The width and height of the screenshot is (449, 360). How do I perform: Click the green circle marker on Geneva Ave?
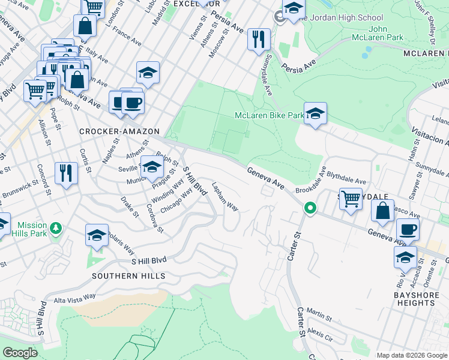coord(310,209)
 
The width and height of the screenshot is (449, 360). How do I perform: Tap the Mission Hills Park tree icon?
coord(56,228)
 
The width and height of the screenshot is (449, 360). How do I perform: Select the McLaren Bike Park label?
coord(268,115)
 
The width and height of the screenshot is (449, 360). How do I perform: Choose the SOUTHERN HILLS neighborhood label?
coord(128,276)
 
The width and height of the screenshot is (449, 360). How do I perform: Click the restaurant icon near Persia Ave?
coord(259,40)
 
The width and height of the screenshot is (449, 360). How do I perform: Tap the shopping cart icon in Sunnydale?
coord(351,198)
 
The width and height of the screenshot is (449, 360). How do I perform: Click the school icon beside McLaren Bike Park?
coord(315,113)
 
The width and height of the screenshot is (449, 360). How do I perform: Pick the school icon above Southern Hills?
coord(97,236)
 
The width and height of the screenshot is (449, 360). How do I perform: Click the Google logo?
coord(20,353)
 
